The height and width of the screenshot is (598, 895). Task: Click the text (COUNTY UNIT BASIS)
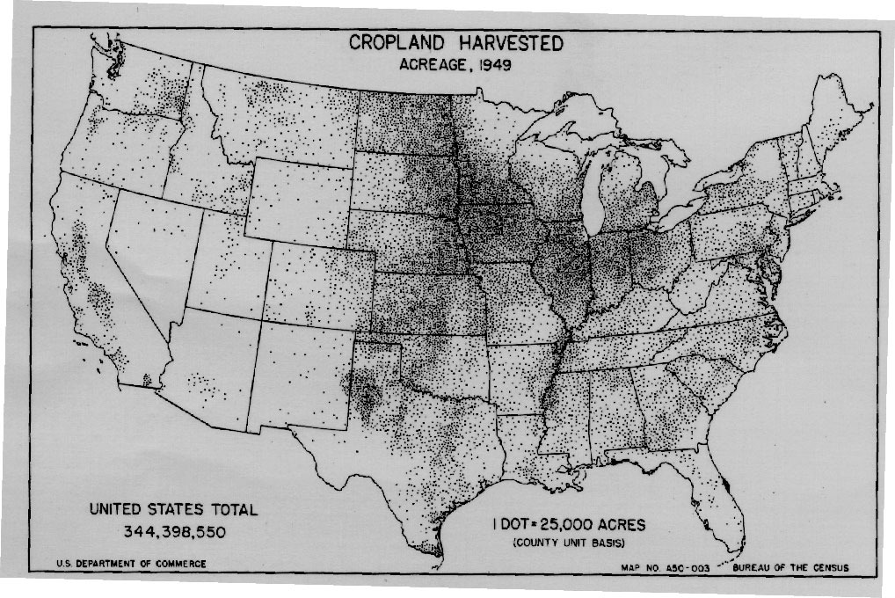pyautogui.click(x=569, y=544)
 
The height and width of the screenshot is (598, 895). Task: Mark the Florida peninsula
pyautogui.click(x=717, y=492)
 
